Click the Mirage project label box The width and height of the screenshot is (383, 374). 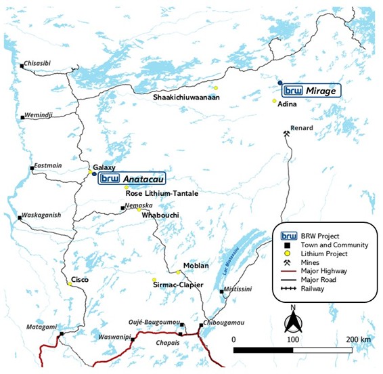[x=311, y=90]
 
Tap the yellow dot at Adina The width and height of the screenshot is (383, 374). [x=275, y=102]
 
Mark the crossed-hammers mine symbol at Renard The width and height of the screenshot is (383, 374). [x=288, y=135]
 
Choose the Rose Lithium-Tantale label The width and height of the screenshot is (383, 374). [x=162, y=194]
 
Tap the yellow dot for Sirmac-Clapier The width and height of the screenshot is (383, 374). [x=154, y=280]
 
